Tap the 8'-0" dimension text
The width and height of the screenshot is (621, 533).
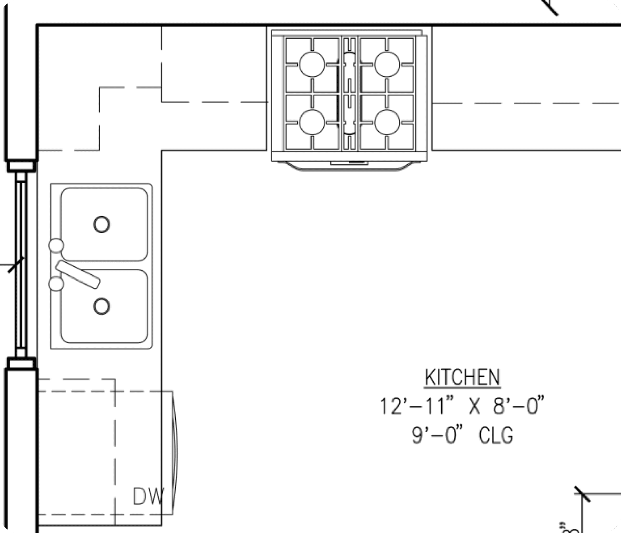[x=518, y=406]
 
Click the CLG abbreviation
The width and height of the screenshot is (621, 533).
[x=495, y=435]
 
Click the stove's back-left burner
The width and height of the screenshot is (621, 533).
[x=312, y=64]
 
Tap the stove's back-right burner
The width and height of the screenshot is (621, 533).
[x=387, y=64]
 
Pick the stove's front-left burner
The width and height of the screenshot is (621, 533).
[x=312, y=122]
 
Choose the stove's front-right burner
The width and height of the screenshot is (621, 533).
[x=387, y=122]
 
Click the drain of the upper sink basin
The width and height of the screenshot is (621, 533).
[x=101, y=224]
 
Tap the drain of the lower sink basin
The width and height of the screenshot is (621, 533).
[x=101, y=306]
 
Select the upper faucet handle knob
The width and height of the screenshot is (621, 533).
[x=56, y=246]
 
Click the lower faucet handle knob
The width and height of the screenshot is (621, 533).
[x=56, y=284]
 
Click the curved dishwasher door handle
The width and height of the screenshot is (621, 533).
[x=175, y=453]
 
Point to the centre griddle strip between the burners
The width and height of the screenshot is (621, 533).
[x=350, y=93]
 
